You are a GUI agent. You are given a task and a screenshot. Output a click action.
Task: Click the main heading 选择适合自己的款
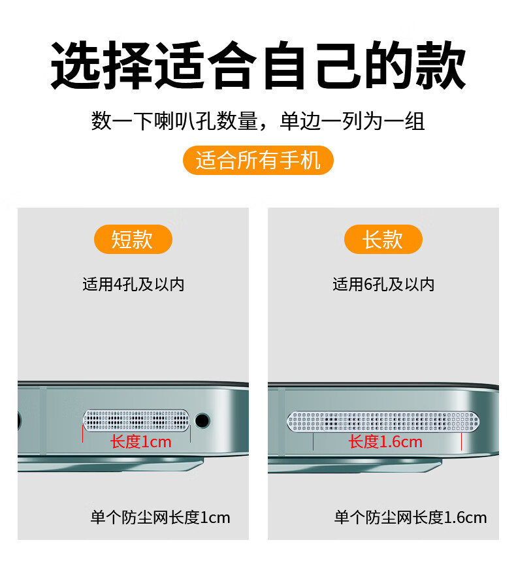click(x=258, y=65)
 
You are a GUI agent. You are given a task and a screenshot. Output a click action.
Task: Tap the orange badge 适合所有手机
click(x=258, y=161)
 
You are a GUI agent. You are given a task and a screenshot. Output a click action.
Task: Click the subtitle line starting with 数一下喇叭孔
click(x=258, y=121)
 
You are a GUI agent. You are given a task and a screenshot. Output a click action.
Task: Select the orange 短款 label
click(x=133, y=239)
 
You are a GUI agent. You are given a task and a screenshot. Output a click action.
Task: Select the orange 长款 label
click(x=383, y=239)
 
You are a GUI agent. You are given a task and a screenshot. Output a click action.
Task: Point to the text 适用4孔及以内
click(x=133, y=285)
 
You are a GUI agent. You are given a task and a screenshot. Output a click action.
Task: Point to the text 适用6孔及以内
click(x=383, y=285)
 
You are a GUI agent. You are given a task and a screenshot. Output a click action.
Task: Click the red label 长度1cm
click(x=140, y=442)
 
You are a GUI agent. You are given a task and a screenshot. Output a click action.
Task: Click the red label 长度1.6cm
click(x=385, y=442)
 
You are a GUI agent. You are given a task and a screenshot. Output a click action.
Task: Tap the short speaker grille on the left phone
click(x=137, y=420)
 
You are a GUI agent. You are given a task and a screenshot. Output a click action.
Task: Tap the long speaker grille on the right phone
click(x=383, y=422)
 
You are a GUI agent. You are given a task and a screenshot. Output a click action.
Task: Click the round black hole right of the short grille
click(x=202, y=420)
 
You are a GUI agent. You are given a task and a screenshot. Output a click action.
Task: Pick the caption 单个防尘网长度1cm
click(x=161, y=518)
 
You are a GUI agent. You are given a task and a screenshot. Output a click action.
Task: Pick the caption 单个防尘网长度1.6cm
click(x=411, y=518)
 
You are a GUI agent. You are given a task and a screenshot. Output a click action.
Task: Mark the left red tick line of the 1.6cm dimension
click(x=313, y=441)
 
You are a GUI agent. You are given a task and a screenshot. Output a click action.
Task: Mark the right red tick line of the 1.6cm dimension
click(x=461, y=441)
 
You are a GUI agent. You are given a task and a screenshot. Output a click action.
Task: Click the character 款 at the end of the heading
click(x=441, y=65)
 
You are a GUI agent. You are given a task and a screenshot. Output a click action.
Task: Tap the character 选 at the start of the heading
click(x=76, y=65)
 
